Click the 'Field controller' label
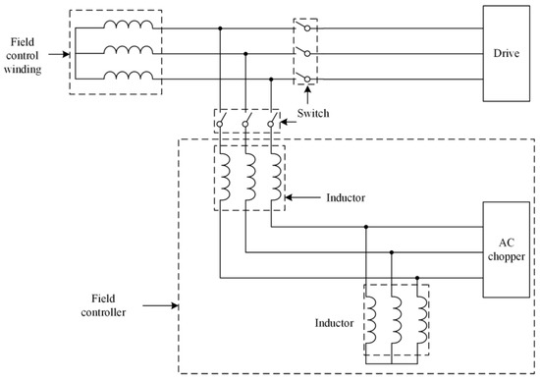point(101,305)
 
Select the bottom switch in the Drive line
point(303,77)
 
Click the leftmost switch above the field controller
point(223,123)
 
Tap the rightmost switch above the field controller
point(268,123)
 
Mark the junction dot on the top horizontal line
point(220,28)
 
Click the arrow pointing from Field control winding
point(62,53)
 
